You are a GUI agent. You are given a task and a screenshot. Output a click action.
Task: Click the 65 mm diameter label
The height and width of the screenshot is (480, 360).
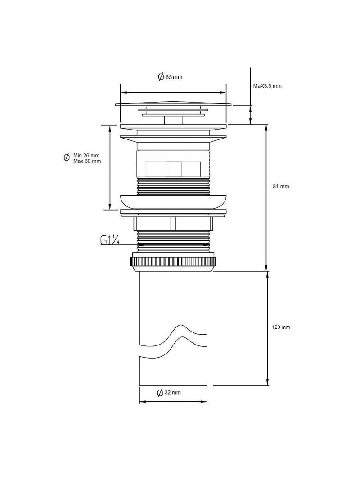tap(170, 76)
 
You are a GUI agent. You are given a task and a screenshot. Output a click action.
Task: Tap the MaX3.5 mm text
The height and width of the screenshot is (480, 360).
tap(267, 86)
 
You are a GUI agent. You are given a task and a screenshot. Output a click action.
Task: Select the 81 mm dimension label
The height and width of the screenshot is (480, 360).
tap(281, 186)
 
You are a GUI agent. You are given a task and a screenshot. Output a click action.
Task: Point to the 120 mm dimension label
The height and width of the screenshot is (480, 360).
tap(281, 327)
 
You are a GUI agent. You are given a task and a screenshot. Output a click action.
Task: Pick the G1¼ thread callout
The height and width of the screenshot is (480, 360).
tap(110, 240)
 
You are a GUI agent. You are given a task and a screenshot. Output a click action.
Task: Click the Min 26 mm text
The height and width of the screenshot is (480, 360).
tap(86, 156)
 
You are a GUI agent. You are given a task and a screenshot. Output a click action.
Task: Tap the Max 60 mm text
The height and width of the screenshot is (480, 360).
tap(87, 161)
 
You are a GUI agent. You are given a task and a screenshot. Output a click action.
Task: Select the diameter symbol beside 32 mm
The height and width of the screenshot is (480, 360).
tap(160, 393)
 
